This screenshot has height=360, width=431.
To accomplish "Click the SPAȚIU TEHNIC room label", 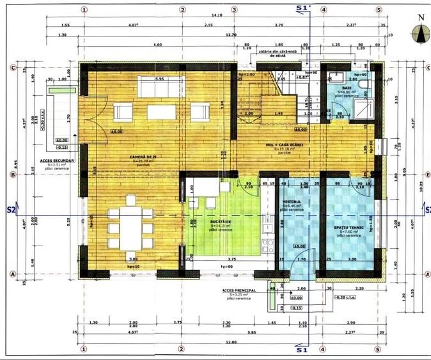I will tap(348, 227).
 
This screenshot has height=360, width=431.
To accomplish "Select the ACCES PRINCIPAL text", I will tap(239, 290).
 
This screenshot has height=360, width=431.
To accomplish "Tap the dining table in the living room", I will tap(131, 224).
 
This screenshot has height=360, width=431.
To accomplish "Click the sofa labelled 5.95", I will tap(159, 87).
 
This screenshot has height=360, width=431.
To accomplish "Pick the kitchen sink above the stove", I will tap(268, 225).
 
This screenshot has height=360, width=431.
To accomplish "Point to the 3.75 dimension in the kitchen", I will tap(231, 259).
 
